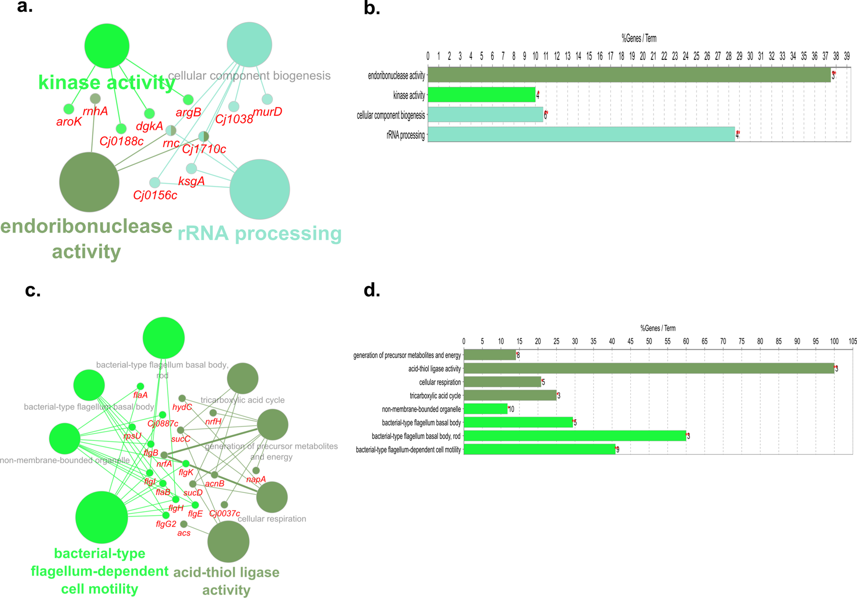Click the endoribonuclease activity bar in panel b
[629, 76]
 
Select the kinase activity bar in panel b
[481, 95]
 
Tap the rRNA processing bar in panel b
[581, 135]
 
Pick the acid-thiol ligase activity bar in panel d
[649, 368]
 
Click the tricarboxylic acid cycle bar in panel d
[510, 395]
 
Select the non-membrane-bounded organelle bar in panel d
[485, 409]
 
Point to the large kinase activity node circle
[107, 46]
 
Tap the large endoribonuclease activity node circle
[89, 182]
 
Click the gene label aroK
[69, 122]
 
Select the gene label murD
[267, 112]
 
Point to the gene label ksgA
[191, 182]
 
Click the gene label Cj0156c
[155, 196]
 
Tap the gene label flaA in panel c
[140, 395]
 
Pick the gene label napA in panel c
[256, 479]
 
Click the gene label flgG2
[166, 524]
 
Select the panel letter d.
[372, 290]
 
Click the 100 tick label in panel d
[834, 341]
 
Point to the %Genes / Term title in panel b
[639, 38]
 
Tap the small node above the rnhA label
[95, 99]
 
